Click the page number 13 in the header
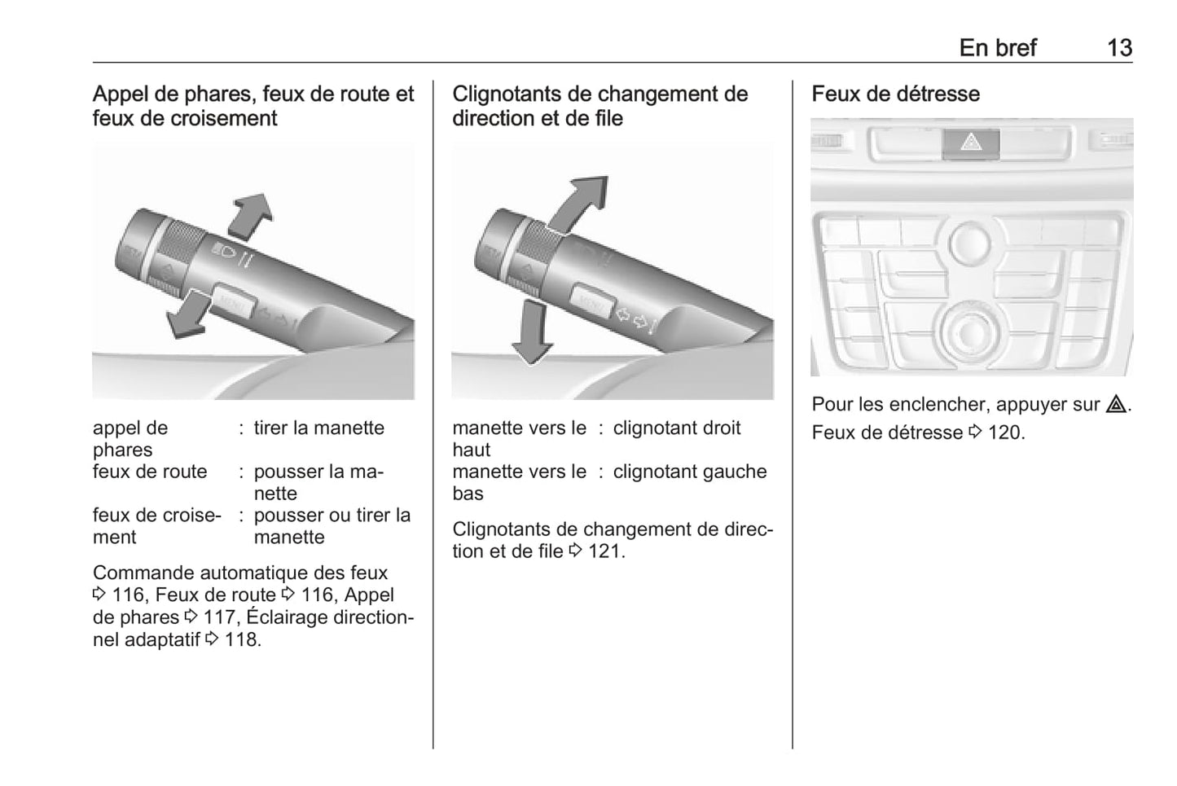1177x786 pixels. (1119, 48)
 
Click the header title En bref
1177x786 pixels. (997, 48)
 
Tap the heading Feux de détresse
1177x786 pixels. (895, 94)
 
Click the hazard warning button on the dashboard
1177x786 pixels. (970, 143)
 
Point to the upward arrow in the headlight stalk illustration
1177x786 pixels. (251, 215)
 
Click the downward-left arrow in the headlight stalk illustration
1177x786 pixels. (187, 314)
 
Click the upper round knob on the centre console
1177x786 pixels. (969, 244)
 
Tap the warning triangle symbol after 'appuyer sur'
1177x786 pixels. (1116, 404)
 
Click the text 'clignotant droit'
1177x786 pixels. (677, 428)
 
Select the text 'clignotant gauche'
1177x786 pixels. (690, 472)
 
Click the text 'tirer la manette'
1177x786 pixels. (319, 428)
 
